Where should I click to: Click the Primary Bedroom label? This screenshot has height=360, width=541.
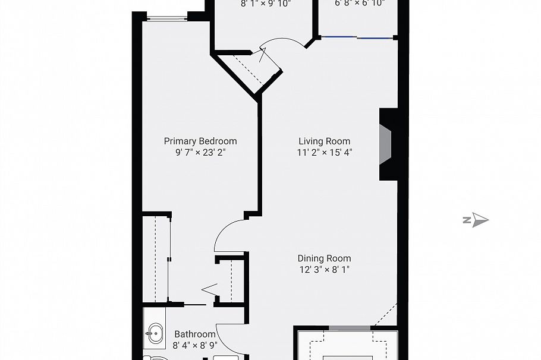200,141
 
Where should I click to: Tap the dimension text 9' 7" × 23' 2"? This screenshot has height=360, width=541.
200,152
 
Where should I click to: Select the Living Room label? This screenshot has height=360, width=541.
324,141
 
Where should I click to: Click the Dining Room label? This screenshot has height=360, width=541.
324,258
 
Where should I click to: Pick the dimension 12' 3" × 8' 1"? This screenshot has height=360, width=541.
324,269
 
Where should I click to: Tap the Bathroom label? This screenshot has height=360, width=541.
194,334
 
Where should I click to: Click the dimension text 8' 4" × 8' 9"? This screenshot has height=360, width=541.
194,345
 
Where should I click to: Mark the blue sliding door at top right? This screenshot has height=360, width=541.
357,37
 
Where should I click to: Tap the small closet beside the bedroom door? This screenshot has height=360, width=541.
230,279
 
